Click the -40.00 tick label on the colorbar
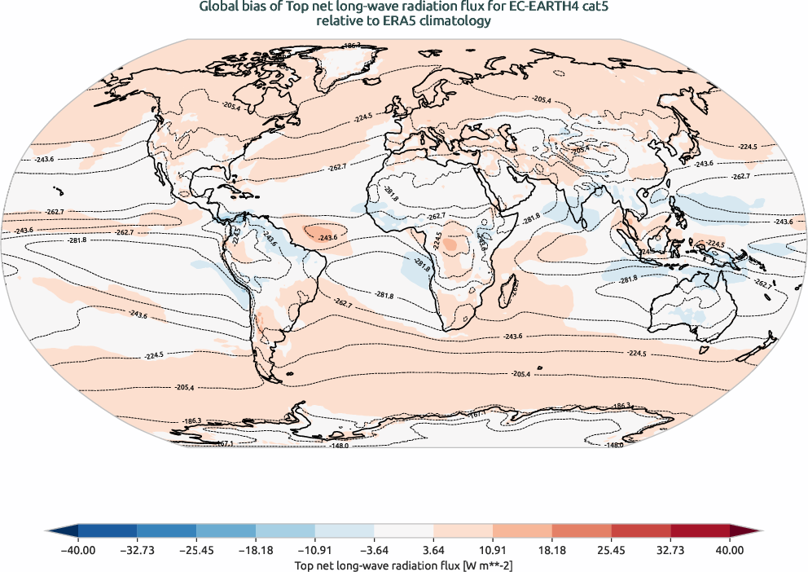78,550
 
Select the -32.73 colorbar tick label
138,550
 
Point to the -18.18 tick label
256,550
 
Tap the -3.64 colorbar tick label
375,550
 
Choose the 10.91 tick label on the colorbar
493,550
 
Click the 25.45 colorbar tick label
611,550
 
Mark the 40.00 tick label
730,550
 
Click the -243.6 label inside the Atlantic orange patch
327,236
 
